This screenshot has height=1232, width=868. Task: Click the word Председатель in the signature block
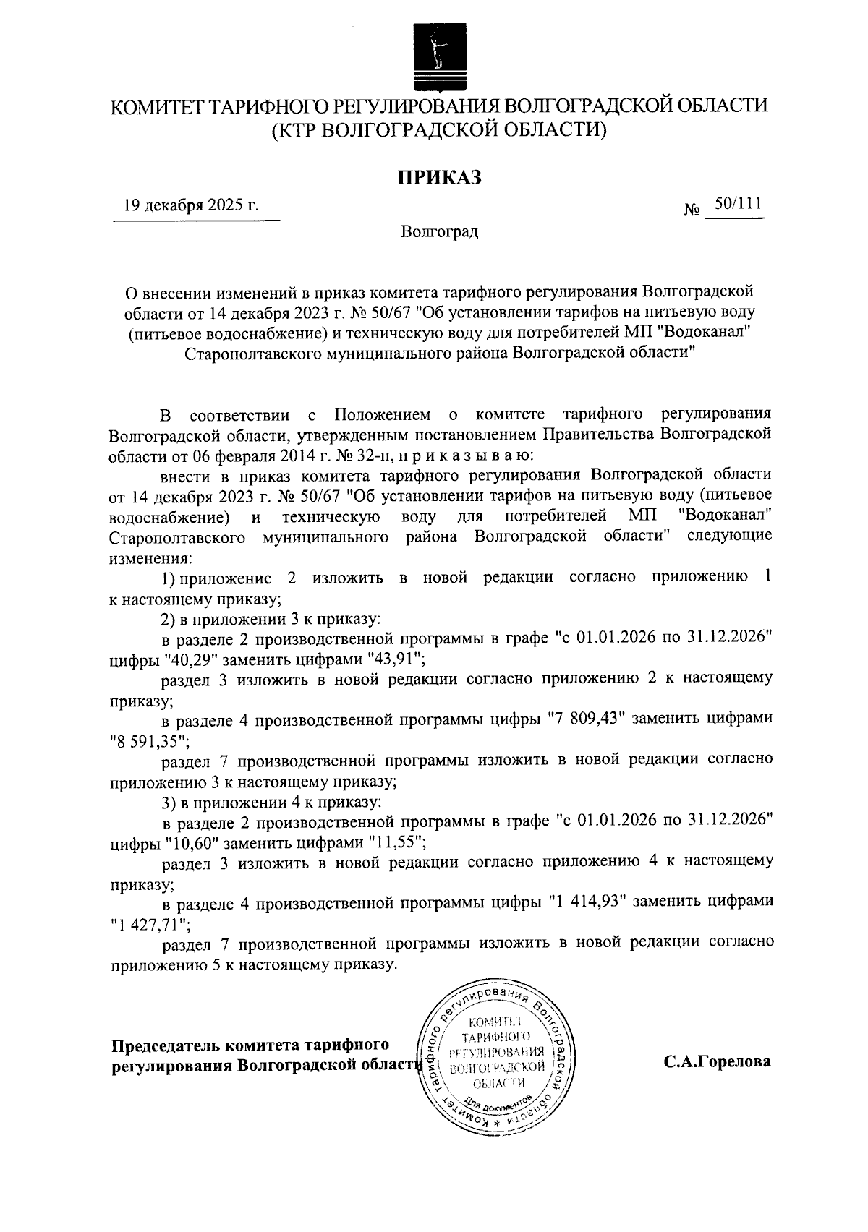(166, 1045)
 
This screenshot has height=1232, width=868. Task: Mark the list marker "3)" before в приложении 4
(168, 803)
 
